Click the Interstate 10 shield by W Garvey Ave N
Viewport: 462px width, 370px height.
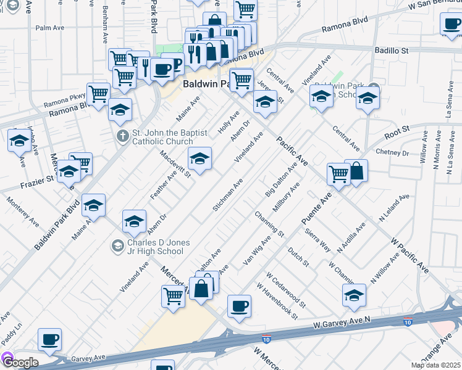click(407, 322)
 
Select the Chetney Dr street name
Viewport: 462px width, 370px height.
click(392, 152)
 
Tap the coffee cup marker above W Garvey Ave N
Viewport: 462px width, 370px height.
click(239, 306)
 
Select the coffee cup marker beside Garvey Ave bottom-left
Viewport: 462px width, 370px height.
click(49, 339)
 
